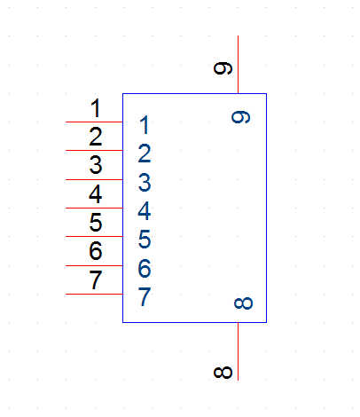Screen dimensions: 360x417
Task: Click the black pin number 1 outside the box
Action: pyautogui.click(x=96, y=108)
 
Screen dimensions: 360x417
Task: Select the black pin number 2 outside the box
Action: pyautogui.click(x=96, y=137)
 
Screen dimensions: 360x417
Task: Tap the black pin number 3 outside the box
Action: pyautogui.click(x=96, y=165)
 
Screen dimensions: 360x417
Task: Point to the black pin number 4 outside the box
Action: pyautogui.click(x=96, y=194)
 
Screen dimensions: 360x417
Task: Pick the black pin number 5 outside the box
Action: pyautogui.click(x=96, y=223)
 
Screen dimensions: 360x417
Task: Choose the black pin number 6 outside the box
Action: pyautogui.click(x=96, y=251)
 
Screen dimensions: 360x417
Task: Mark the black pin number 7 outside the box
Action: pyautogui.click(x=96, y=279)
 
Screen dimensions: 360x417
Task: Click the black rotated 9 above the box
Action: pyautogui.click(x=223, y=68)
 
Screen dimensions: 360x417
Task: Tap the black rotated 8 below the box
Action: pyautogui.click(x=223, y=373)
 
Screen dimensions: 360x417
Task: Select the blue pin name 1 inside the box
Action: pyautogui.click(x=145, y=125)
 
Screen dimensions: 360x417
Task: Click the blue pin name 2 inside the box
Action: pyautogui.click(x=145, y=153)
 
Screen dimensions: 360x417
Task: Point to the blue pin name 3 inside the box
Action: pyautogui.click(x=145, y=182)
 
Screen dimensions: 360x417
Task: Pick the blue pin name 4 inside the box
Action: pyautogui.click(x=145, y=211)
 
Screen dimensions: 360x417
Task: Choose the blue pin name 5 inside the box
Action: pyautogui.click(x=145, y=240)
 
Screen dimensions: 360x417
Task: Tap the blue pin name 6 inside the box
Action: pyautogui.click(x=145, y=268)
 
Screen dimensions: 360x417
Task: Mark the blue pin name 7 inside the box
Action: pyautogui.click(x=145, y=296)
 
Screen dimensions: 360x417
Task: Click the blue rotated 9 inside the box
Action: pyautogui.click(x=240, y=117)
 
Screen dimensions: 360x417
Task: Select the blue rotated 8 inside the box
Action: pyautogui.click(x=244, y=303)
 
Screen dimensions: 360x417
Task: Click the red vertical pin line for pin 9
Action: pyautogui.click(x=239, y=65)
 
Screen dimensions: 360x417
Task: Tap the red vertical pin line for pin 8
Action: pyautogui.click(x=239, y=351)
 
